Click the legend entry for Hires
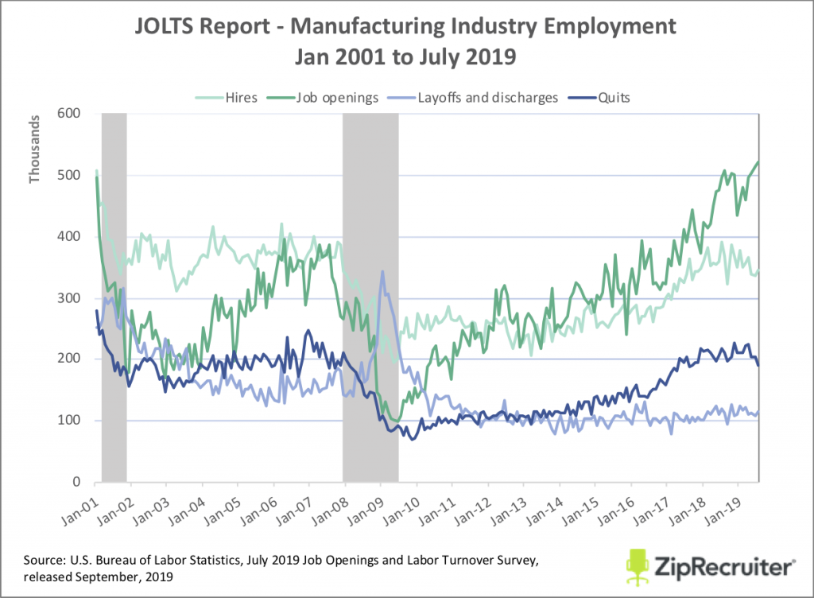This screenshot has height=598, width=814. point(235,97)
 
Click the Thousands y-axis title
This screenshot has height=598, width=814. point(34,149)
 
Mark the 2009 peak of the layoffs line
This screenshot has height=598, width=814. point(382,272)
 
